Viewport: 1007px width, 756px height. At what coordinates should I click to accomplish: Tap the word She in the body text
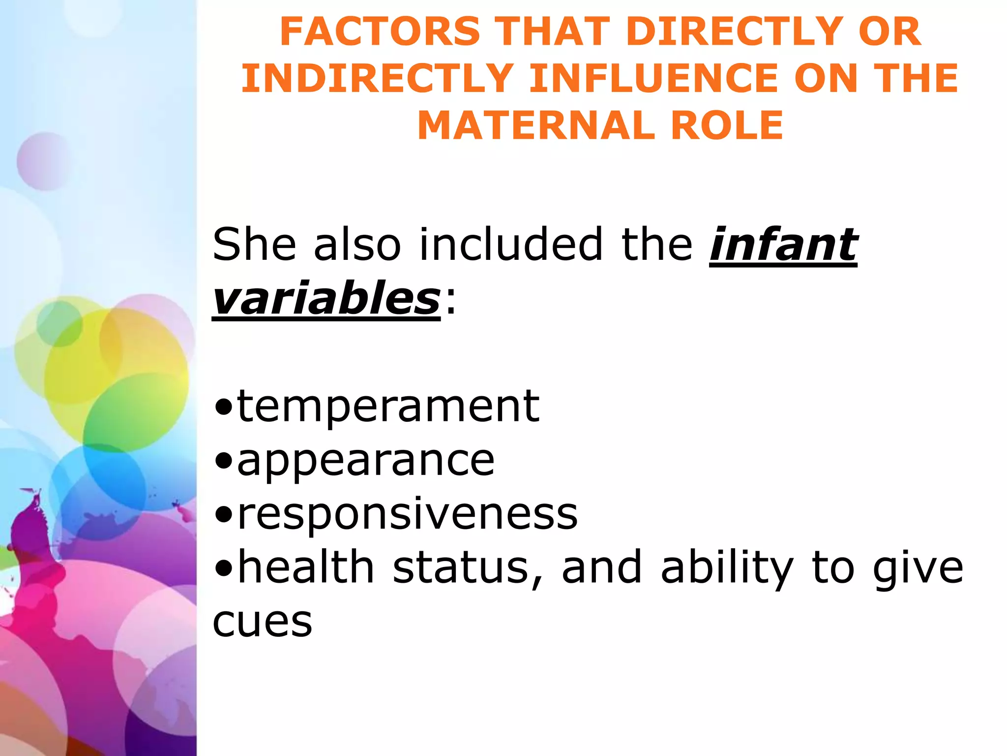254,244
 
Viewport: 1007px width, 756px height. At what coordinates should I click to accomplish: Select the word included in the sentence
511,244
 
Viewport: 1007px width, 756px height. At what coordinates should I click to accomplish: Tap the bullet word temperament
388,407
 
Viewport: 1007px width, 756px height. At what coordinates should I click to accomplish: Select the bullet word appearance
366,461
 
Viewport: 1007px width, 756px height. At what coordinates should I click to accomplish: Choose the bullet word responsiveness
407,514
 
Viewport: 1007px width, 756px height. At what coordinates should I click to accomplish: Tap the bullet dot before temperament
224,409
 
